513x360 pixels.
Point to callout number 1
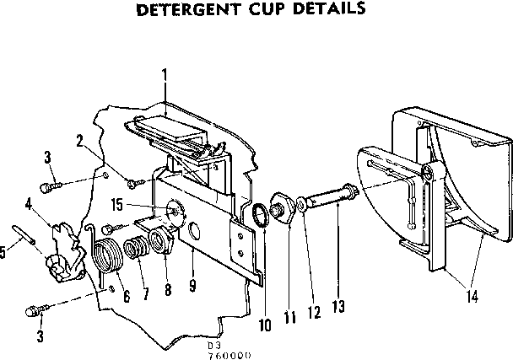pyautogui.click(x=165, y=75)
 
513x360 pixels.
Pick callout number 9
pyautogui.click(x=193, y=286)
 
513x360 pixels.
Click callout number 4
pyautogui.click(x=29, y=202)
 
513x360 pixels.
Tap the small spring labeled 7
pyautogui.click(x=135, y=250)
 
